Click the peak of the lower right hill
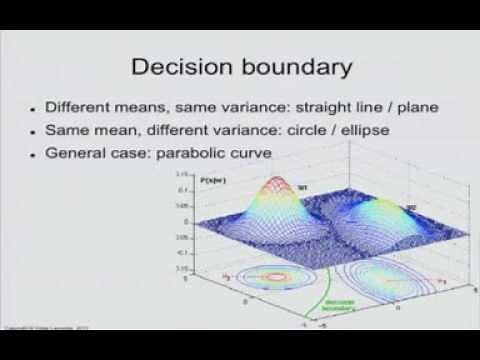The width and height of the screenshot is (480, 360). tap(385, 208)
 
